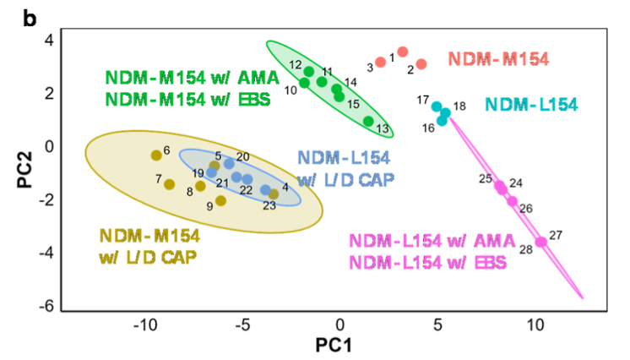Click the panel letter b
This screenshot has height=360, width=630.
coord(30,17)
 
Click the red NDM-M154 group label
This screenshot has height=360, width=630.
coord(498,59)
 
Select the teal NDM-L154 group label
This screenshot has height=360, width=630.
coord(531,105)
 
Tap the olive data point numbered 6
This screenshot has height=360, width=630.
coord(155,155)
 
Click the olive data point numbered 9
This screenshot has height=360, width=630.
coord(220,200)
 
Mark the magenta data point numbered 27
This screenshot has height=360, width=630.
coord(541,242)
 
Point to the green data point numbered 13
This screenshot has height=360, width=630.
coord(368,121)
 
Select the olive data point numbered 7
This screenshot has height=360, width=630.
coord(169,184)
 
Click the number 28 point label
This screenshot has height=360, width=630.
coord(525,249)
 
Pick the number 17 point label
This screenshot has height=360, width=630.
coord(423,100)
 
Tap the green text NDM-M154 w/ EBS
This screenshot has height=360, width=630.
coord(187,99)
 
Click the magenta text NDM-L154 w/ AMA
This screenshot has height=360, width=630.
coord(427,240)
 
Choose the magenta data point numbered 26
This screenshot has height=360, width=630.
coord(512,200)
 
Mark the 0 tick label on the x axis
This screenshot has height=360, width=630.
coord(339,325)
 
